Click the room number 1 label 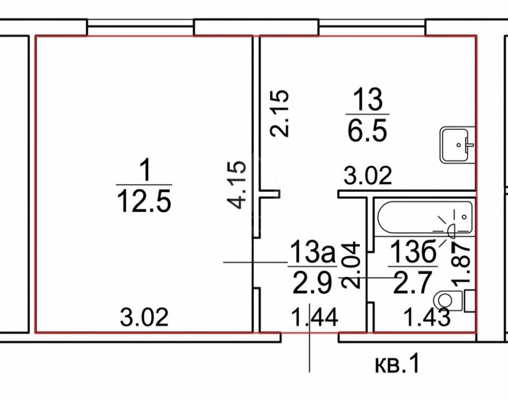click(145, 171)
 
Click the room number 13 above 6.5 click(368, 98)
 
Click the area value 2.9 click(312, 283)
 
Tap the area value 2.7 click(412, 283)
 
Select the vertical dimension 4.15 click(237, 185)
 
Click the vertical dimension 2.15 click(279, 113)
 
